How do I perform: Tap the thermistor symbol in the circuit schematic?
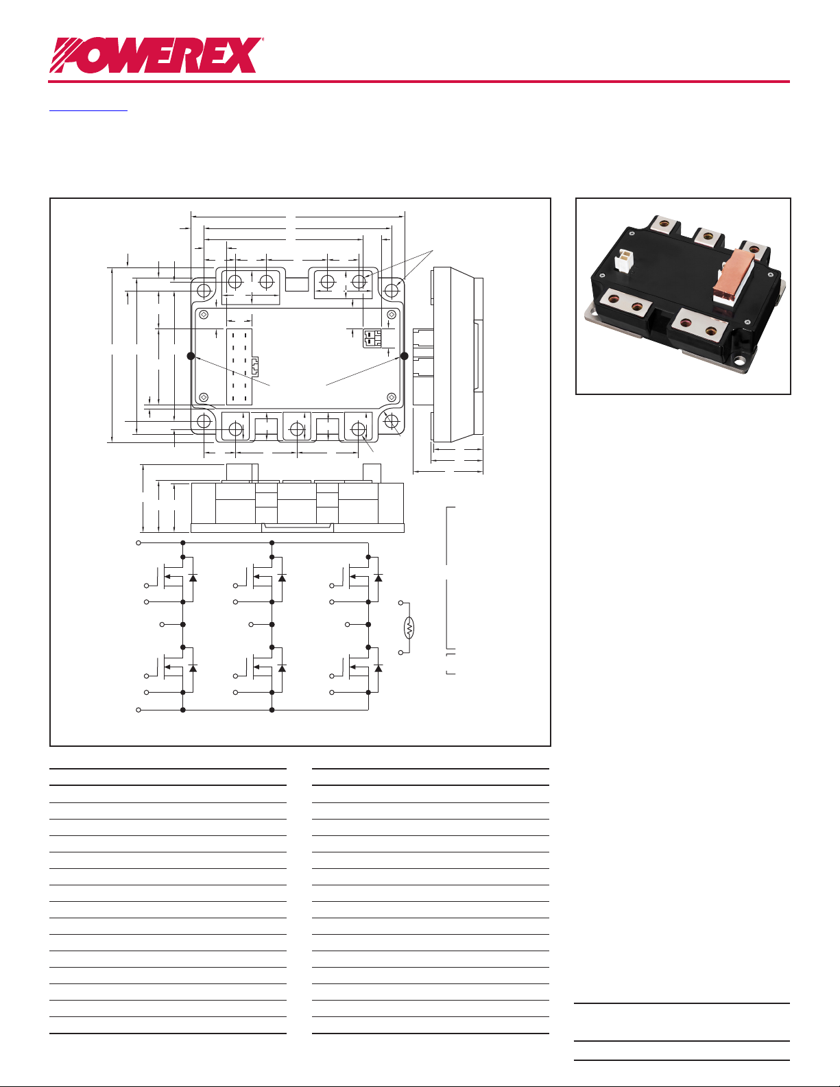point(409,628)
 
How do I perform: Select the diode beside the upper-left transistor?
point(193,578)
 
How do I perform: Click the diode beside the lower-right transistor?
point(378,668)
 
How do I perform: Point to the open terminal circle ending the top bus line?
point(139,542)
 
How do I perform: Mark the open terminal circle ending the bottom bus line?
point(139,710)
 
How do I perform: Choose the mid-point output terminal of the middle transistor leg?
point(252,625)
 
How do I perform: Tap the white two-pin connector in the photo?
point(625,260)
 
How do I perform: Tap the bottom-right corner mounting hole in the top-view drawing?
point(392,421)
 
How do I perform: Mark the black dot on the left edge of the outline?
point(191,356)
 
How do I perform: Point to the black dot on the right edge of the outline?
point(404,356)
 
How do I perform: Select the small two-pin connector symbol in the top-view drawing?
point(372,338)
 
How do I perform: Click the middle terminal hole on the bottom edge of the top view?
point(297,429)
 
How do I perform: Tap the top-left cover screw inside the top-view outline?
point(204,314)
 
